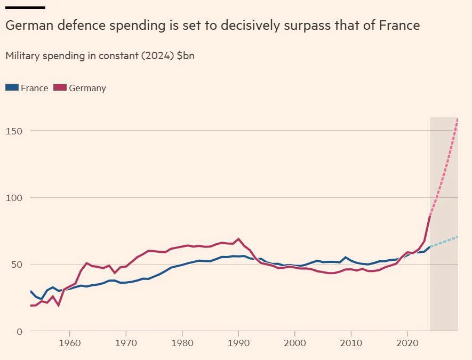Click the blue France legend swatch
point(12,87)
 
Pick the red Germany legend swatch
point(60,87)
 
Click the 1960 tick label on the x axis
point(69,342)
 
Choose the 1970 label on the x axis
point(126,342)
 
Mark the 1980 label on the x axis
point(182,342)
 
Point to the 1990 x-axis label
point(238,342)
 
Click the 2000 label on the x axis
point(295,342)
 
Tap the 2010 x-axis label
point(351,342)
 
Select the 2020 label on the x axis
point(407,342)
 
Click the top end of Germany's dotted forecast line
point(458,118)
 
